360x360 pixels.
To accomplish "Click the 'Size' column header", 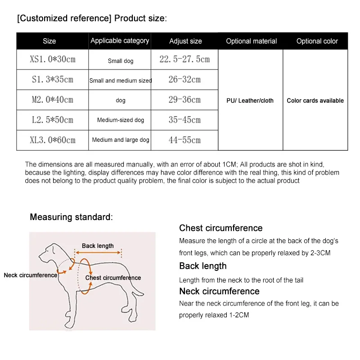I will click(x=49, y=41).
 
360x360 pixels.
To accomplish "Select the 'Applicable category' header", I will click(x=120, y=40).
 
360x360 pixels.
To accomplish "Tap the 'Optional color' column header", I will click(x=317, y=41).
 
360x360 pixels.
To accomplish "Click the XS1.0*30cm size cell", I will click(x=53, y=59).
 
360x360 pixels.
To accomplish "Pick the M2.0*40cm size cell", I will click(x=53, y=99).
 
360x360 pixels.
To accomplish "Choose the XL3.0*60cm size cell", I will click(x=53, y=140).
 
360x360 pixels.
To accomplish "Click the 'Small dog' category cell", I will click(x=121, y=61).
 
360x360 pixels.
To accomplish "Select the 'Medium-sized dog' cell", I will click(x=121, y=120).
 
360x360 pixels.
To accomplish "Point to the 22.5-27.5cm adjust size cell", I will click(x=184, y=59).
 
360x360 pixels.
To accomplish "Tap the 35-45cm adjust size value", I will click(x=184, y=120).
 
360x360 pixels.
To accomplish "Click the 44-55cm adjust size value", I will click(x=184, y=140).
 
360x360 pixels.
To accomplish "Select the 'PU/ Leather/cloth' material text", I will click(x=250, y=100).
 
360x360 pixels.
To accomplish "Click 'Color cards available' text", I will click(x=315, y=100).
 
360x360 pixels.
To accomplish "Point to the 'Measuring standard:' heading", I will click(x=71, y=217).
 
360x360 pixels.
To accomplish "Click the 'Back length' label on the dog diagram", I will click(x=98, y=246).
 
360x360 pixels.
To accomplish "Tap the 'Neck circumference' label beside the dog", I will click(x=31, y=275).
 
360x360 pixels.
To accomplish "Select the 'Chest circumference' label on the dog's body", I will click(x=113, y=278).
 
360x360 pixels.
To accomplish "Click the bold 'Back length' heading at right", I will click(x=202, y=266).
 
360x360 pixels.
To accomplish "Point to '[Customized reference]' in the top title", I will click(x=64, y=18).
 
